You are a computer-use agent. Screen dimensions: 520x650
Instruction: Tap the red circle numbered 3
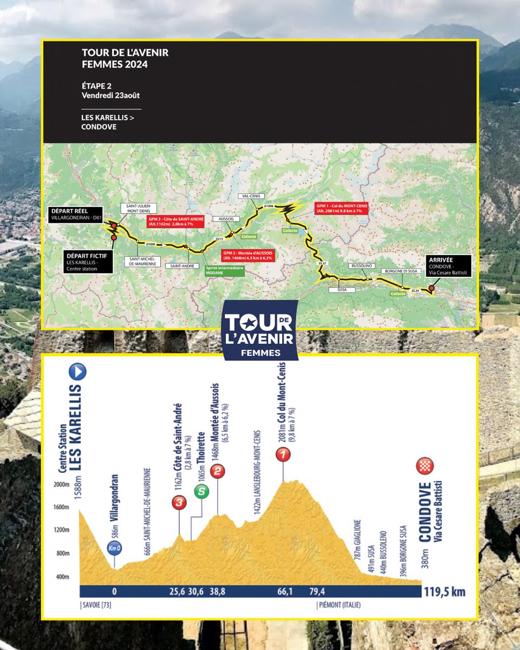pos(179,503)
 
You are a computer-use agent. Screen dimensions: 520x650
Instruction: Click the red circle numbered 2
pos(217,471)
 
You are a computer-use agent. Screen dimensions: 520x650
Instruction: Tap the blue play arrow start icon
pos(78,372)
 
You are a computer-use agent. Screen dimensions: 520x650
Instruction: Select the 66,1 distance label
pos(282,592)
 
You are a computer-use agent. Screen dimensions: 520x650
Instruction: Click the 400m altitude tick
pos(64,576)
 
